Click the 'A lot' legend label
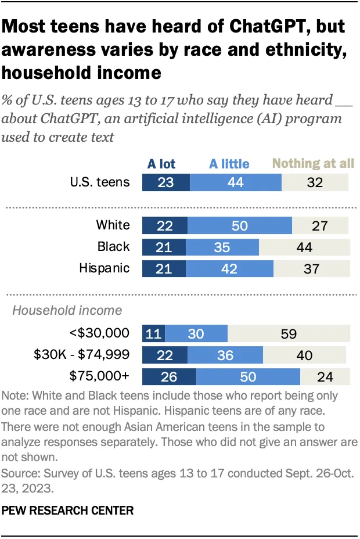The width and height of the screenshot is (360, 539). (x=161, y=164)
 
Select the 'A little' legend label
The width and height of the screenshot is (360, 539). (x=229, y=164)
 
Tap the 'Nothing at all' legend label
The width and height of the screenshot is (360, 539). (x=313, y=163)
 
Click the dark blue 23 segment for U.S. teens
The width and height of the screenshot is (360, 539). (x=165, y=182)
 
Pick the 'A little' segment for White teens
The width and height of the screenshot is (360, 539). (x=240, y=225)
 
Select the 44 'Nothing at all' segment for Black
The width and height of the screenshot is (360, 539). (x=304, y=247)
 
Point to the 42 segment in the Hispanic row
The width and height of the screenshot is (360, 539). (x=230, y=268)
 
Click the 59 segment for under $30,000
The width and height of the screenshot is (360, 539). (x=289, y=333)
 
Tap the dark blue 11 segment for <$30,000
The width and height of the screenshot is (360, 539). (x=153, y=333)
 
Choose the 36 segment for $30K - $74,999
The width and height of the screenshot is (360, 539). (x=225, y=355)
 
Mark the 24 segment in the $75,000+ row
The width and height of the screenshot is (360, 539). (x=325, y=376)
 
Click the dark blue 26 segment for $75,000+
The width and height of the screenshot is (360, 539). (x=169, y=376)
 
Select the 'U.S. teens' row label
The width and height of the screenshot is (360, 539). (x=99, y=182)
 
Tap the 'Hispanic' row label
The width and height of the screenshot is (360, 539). (x=105, y=268)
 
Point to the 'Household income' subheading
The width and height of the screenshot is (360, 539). (x=67, y=310)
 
